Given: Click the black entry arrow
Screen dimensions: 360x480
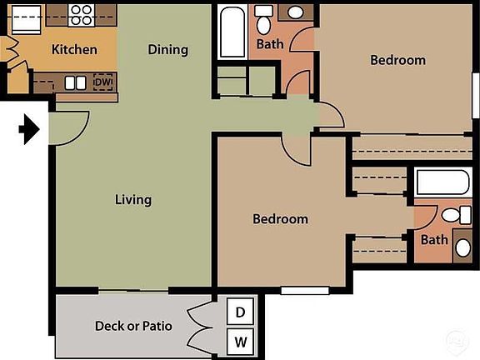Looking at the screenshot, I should point(29,129).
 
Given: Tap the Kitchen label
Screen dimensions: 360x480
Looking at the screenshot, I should point(74,49).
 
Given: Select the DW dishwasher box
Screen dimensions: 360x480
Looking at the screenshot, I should point(103,82).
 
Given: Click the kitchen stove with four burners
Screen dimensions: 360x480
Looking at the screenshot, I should point(81,13).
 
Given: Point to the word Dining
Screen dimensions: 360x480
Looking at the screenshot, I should point(167,49).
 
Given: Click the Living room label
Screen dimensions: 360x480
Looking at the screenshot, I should point(133,199).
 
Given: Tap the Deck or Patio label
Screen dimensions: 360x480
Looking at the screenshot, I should point(133,325).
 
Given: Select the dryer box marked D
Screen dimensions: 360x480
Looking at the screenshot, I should point(241,312).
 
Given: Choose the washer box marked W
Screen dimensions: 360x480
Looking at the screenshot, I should point(241,340).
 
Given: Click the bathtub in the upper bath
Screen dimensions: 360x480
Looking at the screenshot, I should point(232,32).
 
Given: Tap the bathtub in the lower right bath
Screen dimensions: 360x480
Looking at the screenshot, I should point(442,184).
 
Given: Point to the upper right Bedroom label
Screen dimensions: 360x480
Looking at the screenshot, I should point(397,60).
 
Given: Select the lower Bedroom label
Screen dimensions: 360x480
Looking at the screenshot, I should point(280,219).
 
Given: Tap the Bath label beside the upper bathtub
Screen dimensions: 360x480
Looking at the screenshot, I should point(269,44).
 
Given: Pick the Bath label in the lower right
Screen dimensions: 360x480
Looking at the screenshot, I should point(433,240).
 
